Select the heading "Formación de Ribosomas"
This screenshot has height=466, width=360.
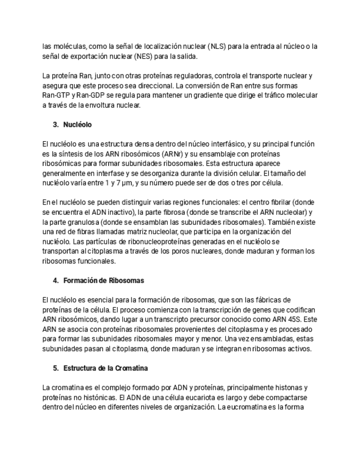pos(103,280)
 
